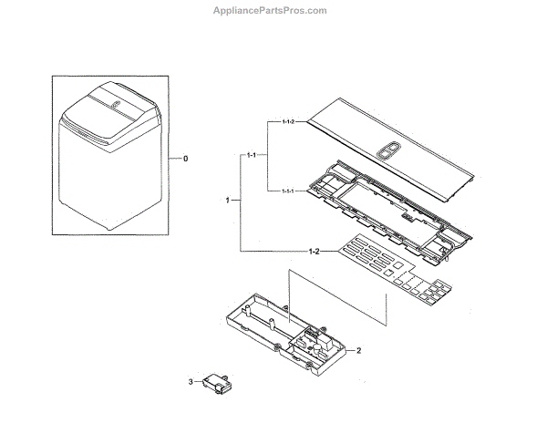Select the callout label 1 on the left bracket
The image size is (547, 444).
tap(227, 198)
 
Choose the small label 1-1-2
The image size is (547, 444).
tap(288, 121)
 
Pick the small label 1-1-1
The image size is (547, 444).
tap(288, 190)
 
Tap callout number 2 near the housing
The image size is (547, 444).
tap(358, 350)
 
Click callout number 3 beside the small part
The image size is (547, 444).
tap(191, 381)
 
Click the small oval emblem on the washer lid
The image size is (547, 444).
tap(116, 107)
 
